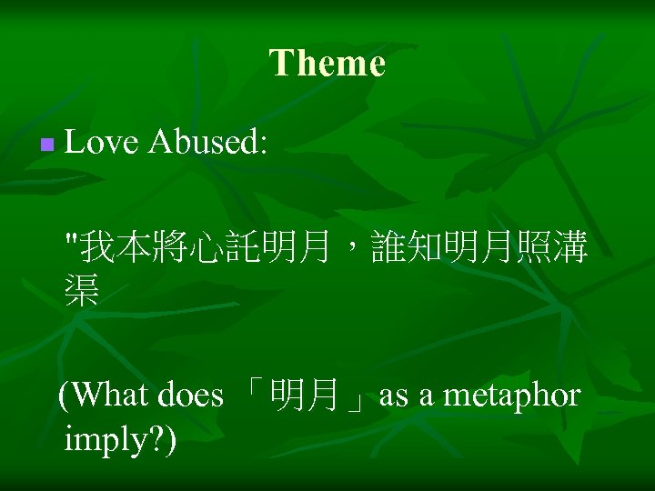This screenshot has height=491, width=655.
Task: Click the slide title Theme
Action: (x=327, y=64)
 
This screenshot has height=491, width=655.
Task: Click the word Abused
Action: (x=207, y=142)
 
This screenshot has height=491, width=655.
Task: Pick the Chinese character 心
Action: (x=207, y=246)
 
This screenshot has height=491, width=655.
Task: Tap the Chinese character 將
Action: (x=171, y=246)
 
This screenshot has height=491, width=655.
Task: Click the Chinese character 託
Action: (x=243, y=246)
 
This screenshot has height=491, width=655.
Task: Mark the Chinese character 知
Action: (x=427, y=246)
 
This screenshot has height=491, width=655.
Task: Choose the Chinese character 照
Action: (x=534, y=246)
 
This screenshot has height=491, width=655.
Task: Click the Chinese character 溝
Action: (x=570, y=246)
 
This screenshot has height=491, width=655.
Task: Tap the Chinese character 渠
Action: (x=82, y=290)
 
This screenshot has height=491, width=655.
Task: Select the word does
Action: (x=190, y=396)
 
